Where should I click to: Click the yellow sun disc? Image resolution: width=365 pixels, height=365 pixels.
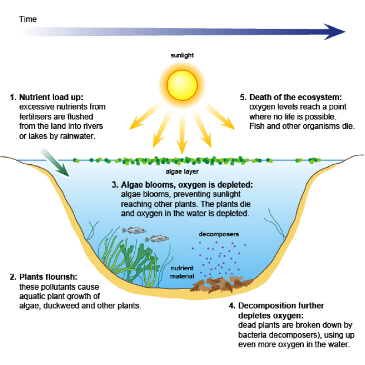182,84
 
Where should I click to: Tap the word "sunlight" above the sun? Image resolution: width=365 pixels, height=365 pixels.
182,55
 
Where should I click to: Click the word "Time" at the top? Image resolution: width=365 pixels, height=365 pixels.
28,19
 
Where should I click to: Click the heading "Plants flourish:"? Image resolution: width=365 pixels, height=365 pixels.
48,277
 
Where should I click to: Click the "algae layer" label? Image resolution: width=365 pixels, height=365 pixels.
182,172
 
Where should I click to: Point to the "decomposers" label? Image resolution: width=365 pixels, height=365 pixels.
219,234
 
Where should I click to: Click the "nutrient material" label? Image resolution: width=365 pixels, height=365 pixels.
182,271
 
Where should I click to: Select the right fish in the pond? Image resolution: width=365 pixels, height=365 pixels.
157,238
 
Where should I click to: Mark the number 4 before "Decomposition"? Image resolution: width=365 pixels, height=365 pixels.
232,306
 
